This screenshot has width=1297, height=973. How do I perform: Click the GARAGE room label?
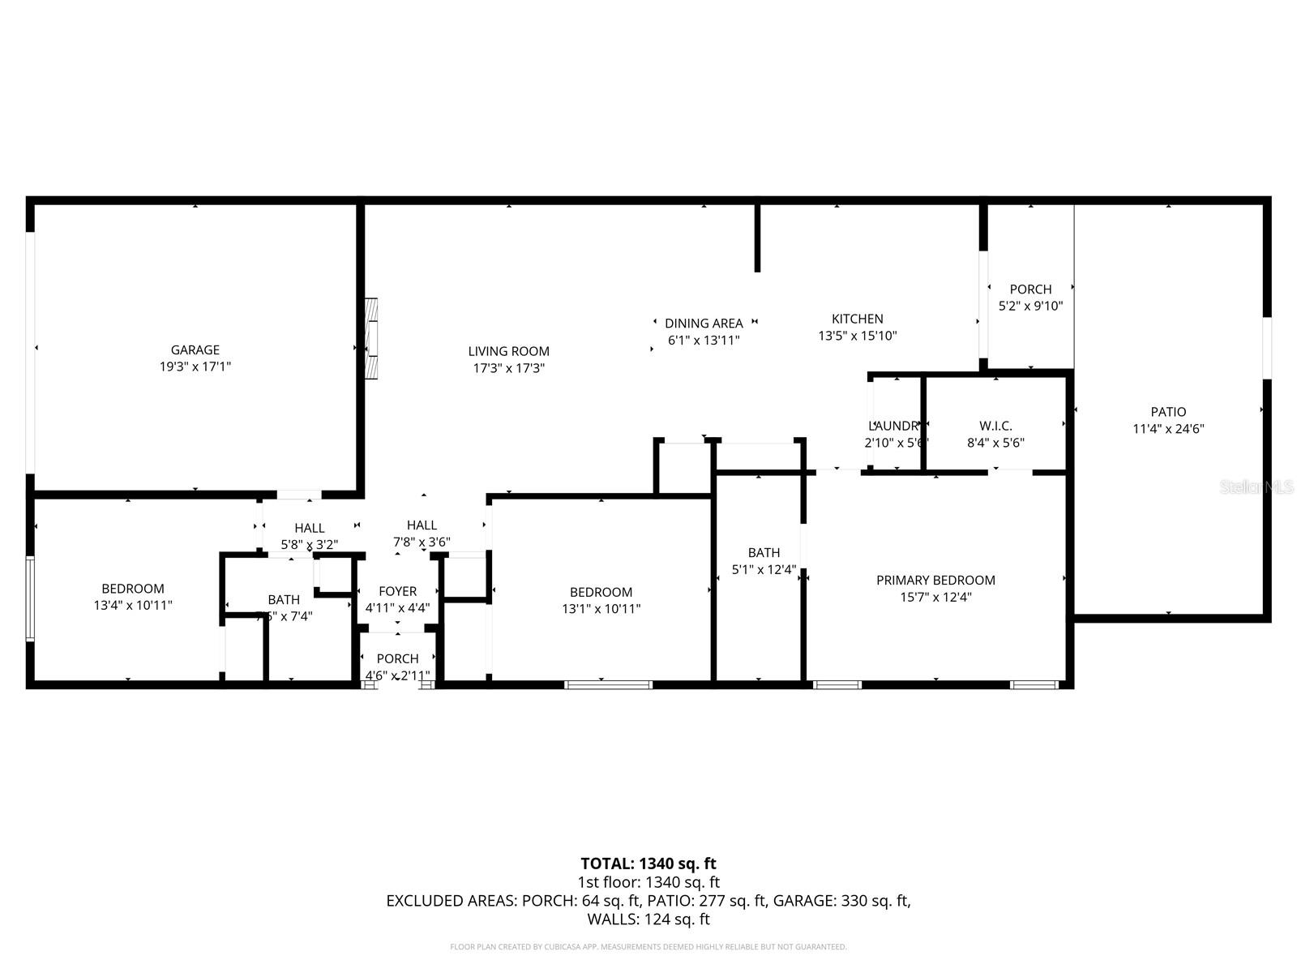195,349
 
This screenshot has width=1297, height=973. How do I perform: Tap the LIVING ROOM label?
508,351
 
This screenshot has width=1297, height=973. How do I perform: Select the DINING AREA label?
704,323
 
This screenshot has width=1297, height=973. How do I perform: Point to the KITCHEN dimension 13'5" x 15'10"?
857,336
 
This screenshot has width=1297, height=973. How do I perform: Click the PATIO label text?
1168,412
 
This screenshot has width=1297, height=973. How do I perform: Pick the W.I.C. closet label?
995,426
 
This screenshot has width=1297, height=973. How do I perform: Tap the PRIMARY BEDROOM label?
935,580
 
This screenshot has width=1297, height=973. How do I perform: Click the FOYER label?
397,591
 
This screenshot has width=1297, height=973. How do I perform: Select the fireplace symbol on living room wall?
371,338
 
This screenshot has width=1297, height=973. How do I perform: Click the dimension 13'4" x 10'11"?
133,605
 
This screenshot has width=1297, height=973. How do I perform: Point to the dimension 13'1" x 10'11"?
601,608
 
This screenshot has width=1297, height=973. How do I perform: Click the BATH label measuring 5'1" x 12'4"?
764,552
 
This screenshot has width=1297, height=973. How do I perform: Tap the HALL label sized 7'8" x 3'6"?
422,525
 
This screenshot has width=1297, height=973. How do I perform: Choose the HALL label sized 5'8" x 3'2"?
310,528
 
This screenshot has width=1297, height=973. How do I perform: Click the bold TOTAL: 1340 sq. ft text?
648,864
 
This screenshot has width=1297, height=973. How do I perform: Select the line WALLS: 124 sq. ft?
648,919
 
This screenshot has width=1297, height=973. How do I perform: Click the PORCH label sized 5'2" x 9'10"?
1030,289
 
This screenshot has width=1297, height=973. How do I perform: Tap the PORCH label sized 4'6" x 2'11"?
397,658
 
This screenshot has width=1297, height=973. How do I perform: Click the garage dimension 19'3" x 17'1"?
195,366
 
